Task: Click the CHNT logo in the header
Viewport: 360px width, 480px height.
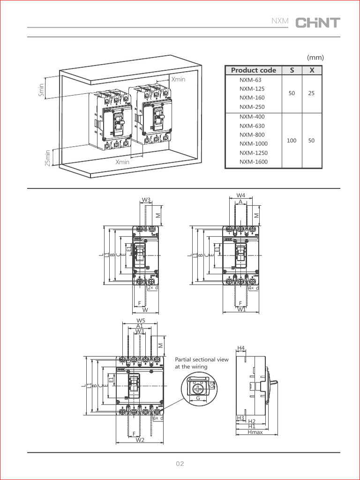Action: [x=317, y=22]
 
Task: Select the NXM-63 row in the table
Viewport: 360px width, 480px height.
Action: [x=250, y=80]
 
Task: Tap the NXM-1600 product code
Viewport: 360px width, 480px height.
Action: [x=253, y=162]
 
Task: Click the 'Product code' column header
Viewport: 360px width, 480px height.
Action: [x=254, y=70]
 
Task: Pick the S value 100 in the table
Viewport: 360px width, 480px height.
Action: [x=292, y=140]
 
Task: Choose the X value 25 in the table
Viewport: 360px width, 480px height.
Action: [x=312, y=93]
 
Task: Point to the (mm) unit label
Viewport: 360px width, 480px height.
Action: [x=315, y=58]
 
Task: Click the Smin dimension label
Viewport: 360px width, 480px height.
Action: [x=41, y=90]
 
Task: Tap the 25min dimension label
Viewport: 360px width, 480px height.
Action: [x=47, y=158]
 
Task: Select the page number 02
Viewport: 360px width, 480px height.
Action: [x=180, y=464]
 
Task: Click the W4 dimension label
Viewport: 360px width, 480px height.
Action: [x=240, y=195]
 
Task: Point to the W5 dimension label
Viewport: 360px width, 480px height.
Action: [x=140, y=321]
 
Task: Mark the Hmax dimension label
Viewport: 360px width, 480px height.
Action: [x=255, y=432]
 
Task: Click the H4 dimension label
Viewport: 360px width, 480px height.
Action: [x=241, y=348]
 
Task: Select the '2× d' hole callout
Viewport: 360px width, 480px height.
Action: [x=152, y=288]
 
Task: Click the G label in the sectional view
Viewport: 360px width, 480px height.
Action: [x=198, y=398]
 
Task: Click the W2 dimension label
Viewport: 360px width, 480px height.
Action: [x=140, y=440]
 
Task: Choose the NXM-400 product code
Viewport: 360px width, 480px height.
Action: [x=252, y=117]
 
